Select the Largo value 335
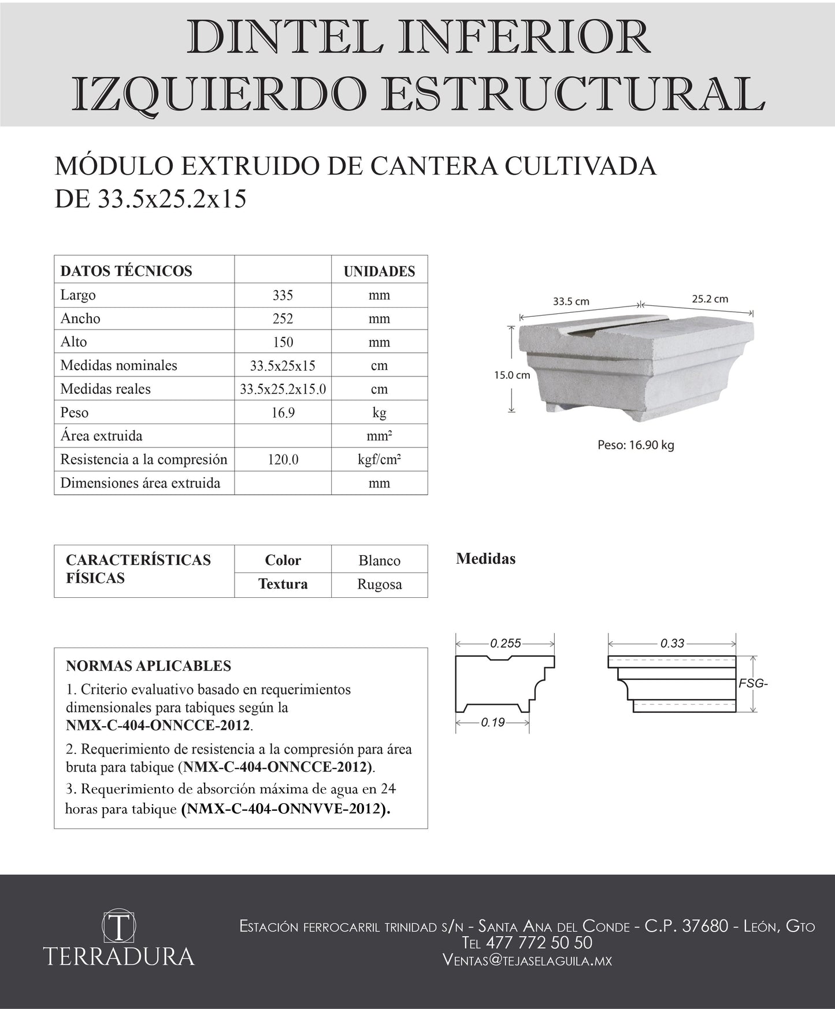click(x=283, y=295)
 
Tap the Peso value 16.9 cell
click(x=283, y=413)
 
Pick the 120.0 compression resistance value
click(x=283, y=460)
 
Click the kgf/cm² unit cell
click(x=379, y=460)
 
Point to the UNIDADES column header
click(x=379, y=271)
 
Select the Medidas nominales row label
click(x=118, y=365)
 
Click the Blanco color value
click(x=379, y=560)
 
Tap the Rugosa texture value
click(x=379, y=585)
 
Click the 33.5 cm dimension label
click(x=571, y=301)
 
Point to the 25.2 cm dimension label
click(x=710, y=299)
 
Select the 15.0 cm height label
click(x=511, y=375)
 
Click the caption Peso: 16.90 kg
click(x=636, y=445)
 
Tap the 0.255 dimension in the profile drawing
click(x=506, y=643)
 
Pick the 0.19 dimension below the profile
click(x=492, y=722)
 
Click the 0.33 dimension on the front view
click(x=672, y=643)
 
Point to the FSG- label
click(x=753, y=684)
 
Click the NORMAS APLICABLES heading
click(x=149, y=666)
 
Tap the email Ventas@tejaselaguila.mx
click(x=527, y=960)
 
